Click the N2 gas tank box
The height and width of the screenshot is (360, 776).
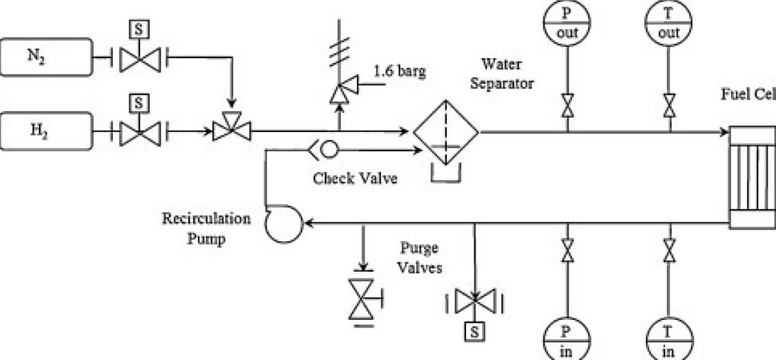pyautogui.click(x=47, y=58)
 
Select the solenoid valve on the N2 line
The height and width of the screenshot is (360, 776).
pyautogui.click(x=139, y=58)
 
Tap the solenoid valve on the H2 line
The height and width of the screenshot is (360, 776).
pyautogui.click(x=139, y=129)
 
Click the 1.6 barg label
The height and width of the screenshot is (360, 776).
pyautogui.click(x=399, y=72)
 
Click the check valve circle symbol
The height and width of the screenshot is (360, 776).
pyautogui.click(x=329, y=149)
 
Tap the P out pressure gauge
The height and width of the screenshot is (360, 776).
pyautogui.click(x=567, y=23)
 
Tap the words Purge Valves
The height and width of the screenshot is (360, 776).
pyautogui.click(x=420, y=257)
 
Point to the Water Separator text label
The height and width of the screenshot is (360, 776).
pyautogui.click(x=501, y=73)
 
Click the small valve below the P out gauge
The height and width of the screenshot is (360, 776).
pyautogui.click(x=567, y=106)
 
